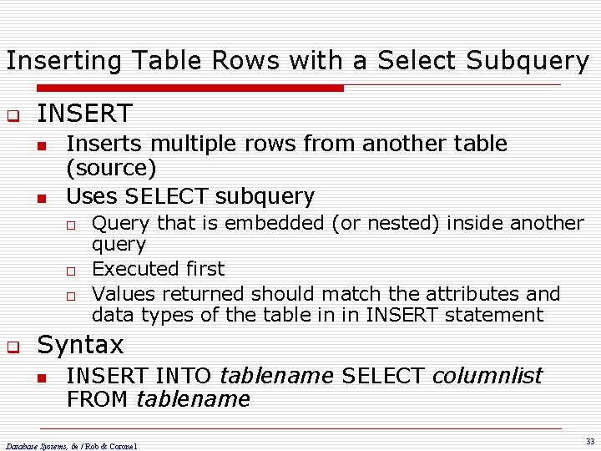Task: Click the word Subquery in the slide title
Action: [x=528, y=61]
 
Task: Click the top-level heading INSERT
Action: [x=84, y=113]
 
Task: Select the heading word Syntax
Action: [x=80, y=344]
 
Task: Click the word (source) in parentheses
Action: [x=111, y=169]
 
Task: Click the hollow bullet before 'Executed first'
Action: [x=73, y=271]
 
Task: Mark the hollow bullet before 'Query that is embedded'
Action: [x=73, y=224]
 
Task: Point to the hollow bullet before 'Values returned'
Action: [x=73, y=296]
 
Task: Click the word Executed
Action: [x=127, y=269]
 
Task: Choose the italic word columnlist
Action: [x=487, y=375]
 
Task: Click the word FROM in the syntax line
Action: [x=98, y=399]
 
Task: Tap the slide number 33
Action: [x=589, y=441]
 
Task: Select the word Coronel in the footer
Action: [x=122, y=446]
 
